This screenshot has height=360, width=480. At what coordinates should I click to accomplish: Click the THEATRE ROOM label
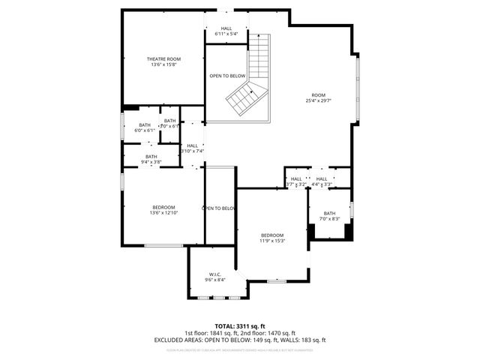click(163, 58)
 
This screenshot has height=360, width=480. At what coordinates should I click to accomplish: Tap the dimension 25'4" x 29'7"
click(319, 100)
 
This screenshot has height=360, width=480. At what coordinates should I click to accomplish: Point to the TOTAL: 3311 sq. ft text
click(240, 325)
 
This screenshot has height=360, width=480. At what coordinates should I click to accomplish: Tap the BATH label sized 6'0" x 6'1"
click(145, 125)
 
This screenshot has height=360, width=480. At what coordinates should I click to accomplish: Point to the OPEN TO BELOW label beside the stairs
click(227, 76)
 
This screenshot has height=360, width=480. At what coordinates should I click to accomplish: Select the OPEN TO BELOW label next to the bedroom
click(219, 208)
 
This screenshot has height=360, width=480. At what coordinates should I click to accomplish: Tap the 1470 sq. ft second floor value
click(280, 332)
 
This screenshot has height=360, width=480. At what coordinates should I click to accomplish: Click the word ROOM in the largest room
click(319, 94)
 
